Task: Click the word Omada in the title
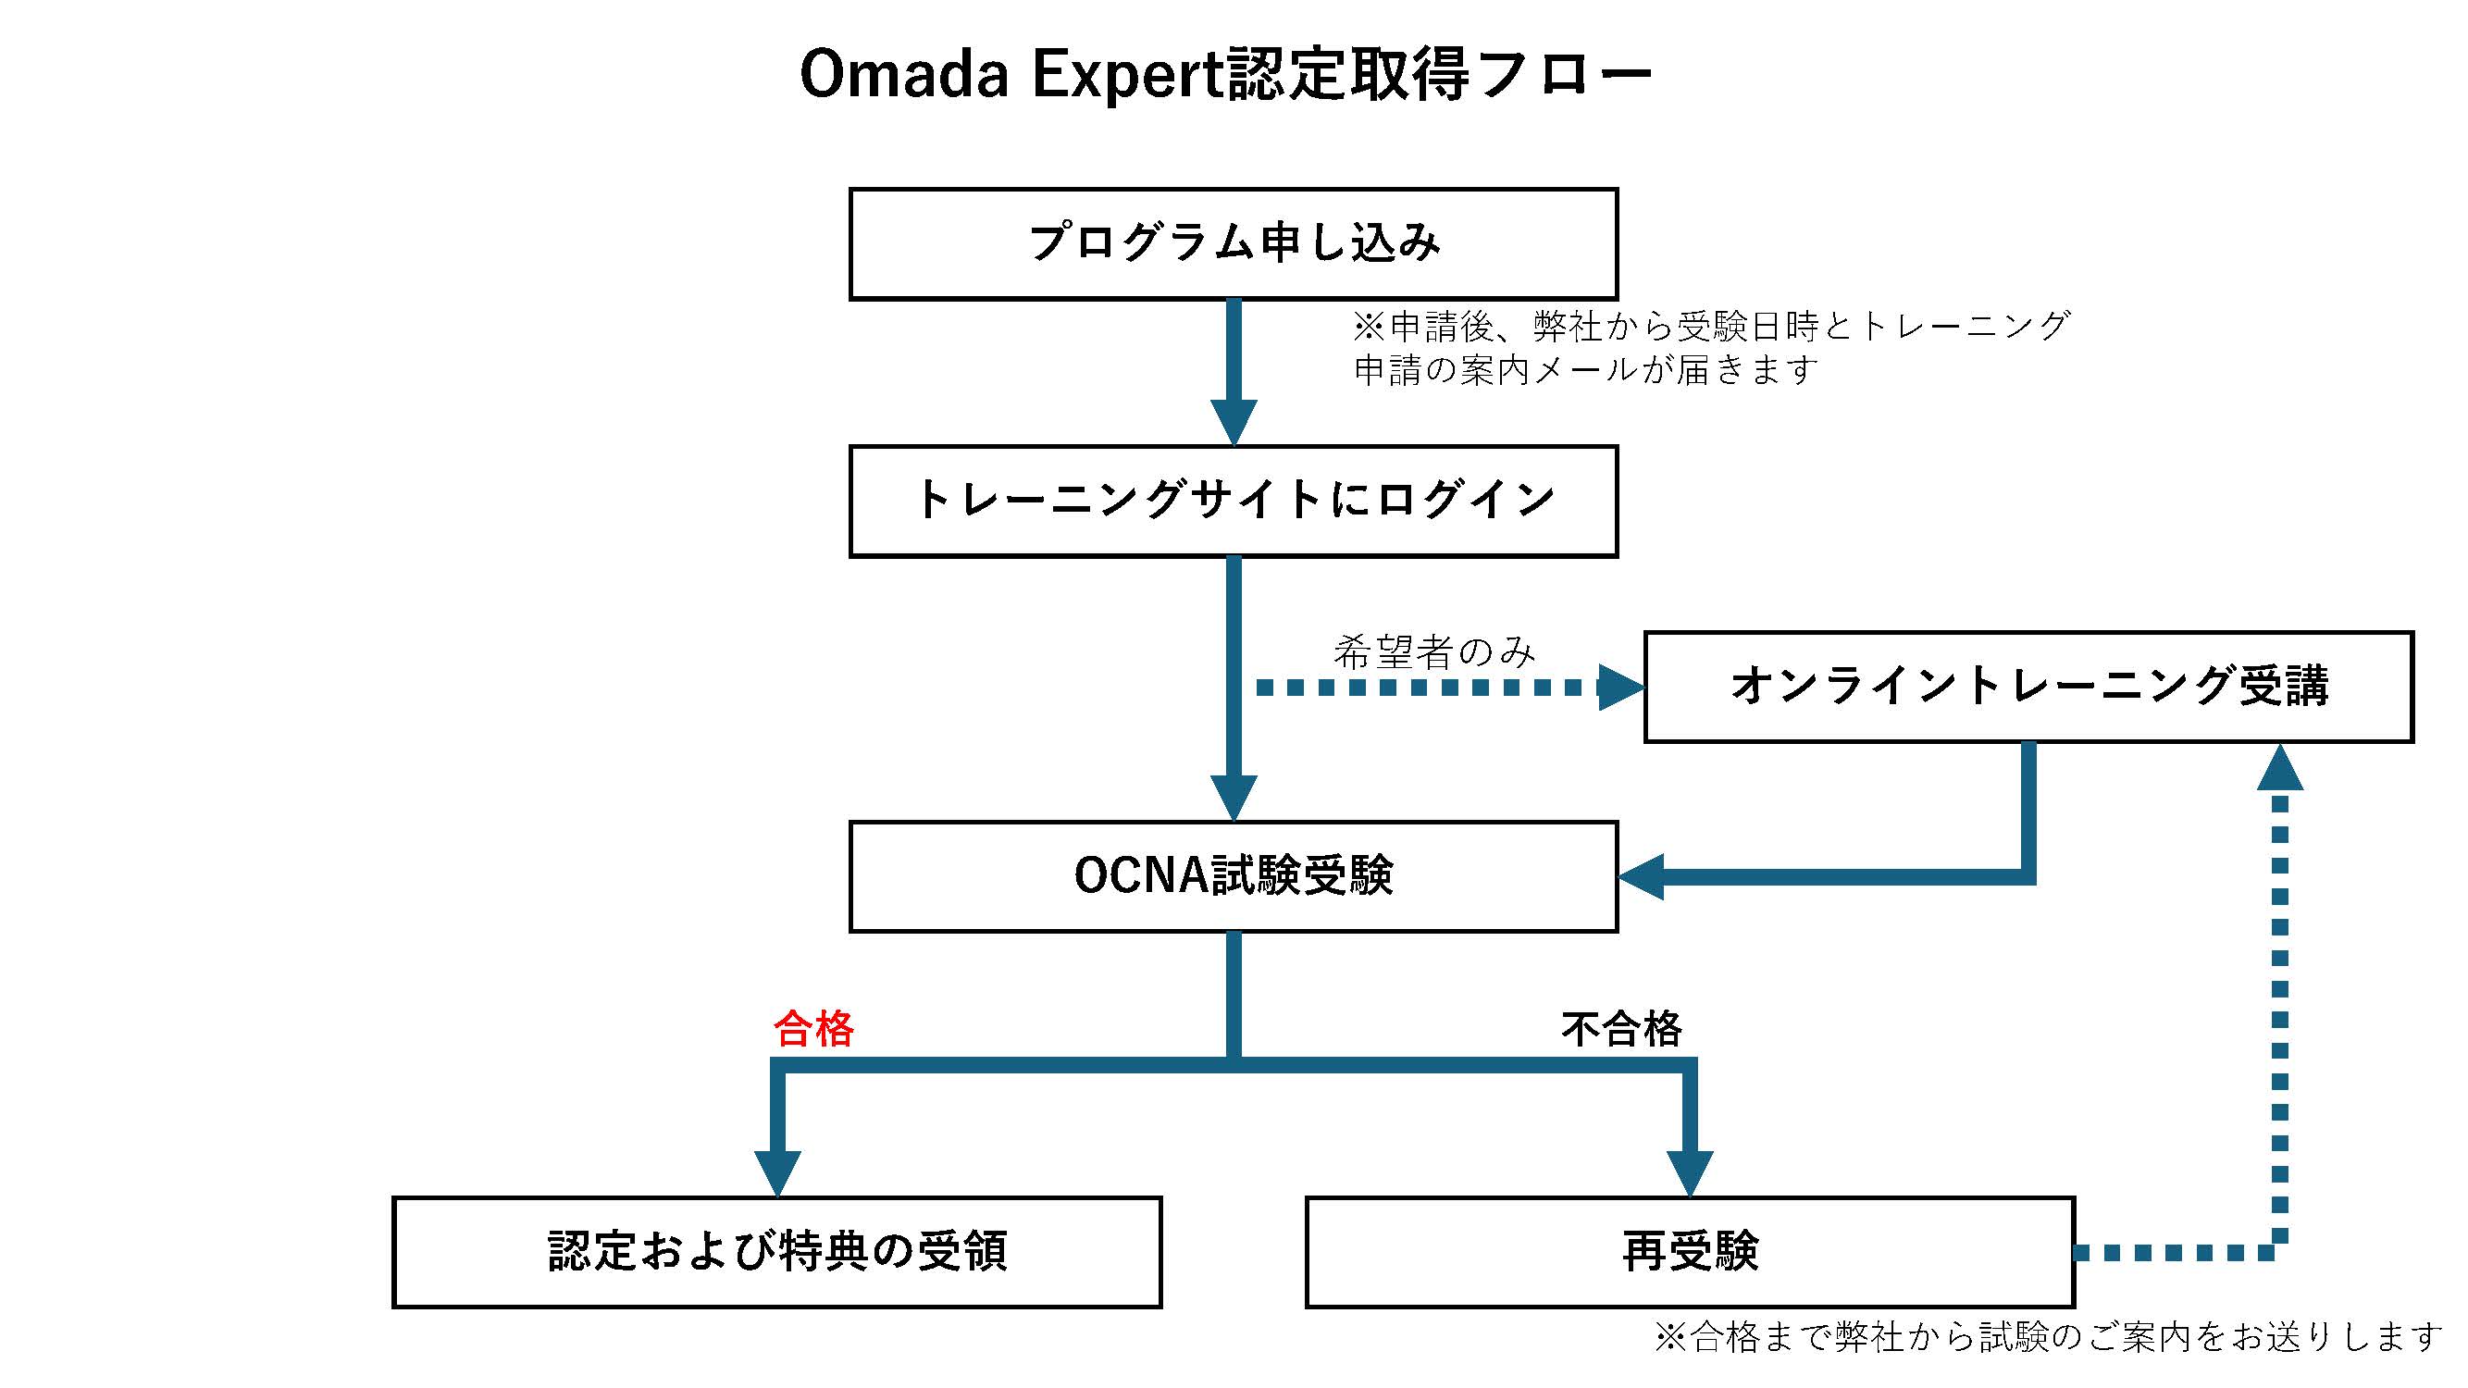click(903, 74)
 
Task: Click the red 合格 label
click(813, 1029)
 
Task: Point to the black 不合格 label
click(1621, 1029)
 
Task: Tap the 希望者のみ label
click(1434, 652)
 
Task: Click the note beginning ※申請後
click(1711, 348)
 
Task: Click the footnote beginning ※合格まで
click(2049, 1336)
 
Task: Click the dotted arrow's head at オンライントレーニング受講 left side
click(1622, 688)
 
